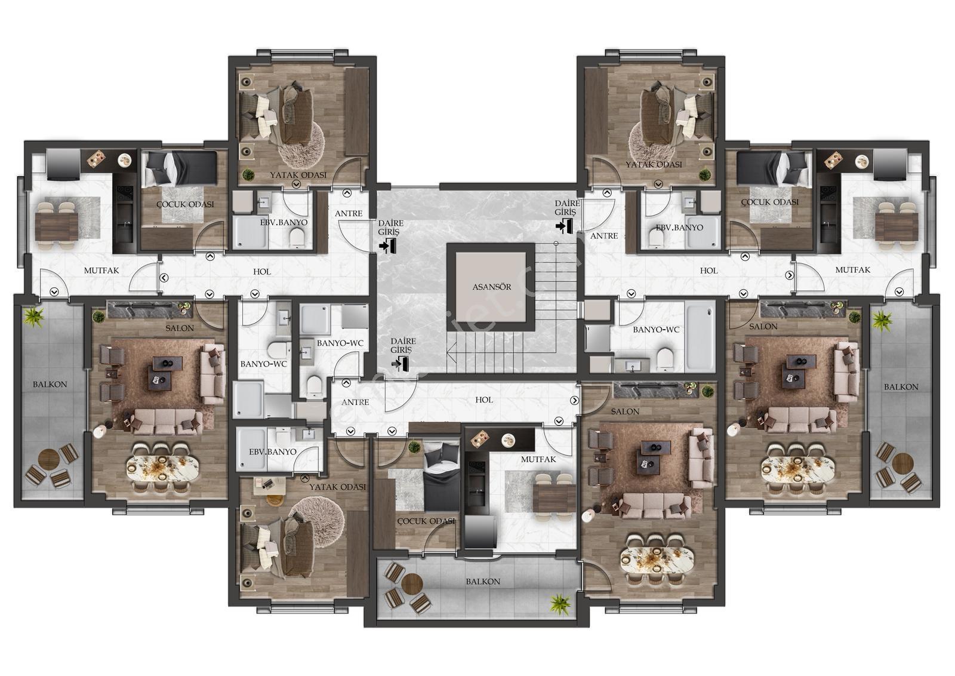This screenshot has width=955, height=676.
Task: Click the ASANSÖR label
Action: pyautogui.click(x=492, y=287)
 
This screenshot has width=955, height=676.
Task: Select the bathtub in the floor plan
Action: pyautogui.click(x=701, y=336)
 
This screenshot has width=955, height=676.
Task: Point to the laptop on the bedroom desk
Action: pyautogui.click(x=268, y=484)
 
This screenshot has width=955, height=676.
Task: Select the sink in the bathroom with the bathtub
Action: pyautogui.click(x=631, y=365)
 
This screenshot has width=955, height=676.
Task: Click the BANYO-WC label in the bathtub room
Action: pyautogui.click(x=656, y=330)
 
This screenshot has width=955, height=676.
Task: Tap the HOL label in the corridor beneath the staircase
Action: pyautogui.click(x=484, y=400)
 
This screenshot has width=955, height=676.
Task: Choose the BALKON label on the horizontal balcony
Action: pyautogui.click(x=483, y=582)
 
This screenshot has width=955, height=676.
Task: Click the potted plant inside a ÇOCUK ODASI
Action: pyautogui.click(x=414, y=447)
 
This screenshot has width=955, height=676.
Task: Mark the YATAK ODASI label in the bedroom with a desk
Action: pyautogui.click(x=337, y=487)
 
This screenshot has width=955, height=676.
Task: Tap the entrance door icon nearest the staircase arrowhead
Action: pyautogui.click(x=401, y=363)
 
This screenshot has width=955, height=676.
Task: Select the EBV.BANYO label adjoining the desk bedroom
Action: pyautogui.click(x=272, y=452)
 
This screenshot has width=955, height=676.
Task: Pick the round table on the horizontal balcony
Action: pyautogui.click(x=411, y=583)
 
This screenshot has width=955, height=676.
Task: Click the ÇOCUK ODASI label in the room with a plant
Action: pyautogui.click(x=426, y=521)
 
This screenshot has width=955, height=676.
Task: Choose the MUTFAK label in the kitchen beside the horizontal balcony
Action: pyautogui.click(x=538, y=459)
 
